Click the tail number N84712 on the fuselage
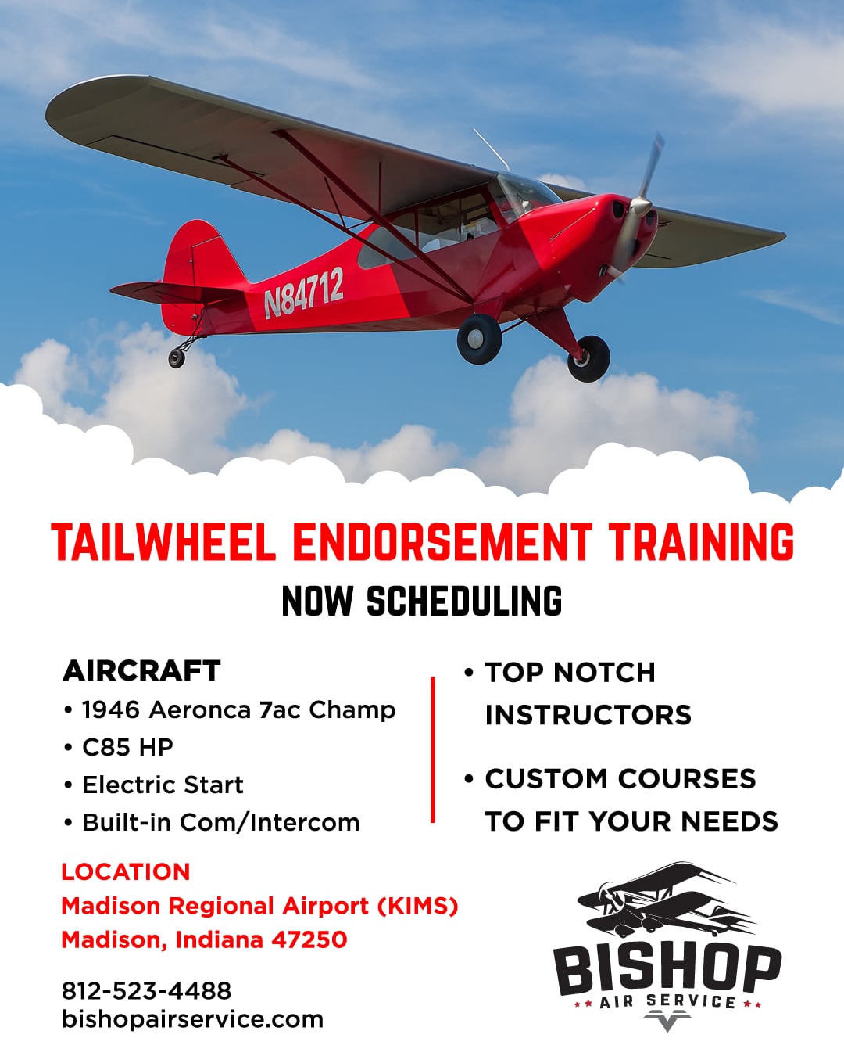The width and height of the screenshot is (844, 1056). (x=303, y=293)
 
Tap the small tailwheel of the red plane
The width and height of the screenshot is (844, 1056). (x=177, y=357)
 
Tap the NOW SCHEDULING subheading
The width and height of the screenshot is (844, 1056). (x=422, y=601)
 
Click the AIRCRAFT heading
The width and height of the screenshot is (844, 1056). (x=141, y=671)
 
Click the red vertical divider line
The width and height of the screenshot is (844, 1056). (x=432, y=749)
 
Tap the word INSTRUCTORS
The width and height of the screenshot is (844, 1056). (x=588, y=715)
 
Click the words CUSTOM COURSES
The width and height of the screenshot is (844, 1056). (x=620, y=779)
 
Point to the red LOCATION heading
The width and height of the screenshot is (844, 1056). (x=126, y=872)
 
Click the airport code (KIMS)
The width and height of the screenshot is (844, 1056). (x=418, y=906)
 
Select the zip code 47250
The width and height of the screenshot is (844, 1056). (x=309, y=940)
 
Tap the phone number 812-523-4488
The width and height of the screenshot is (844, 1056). (x=146, y=991)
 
